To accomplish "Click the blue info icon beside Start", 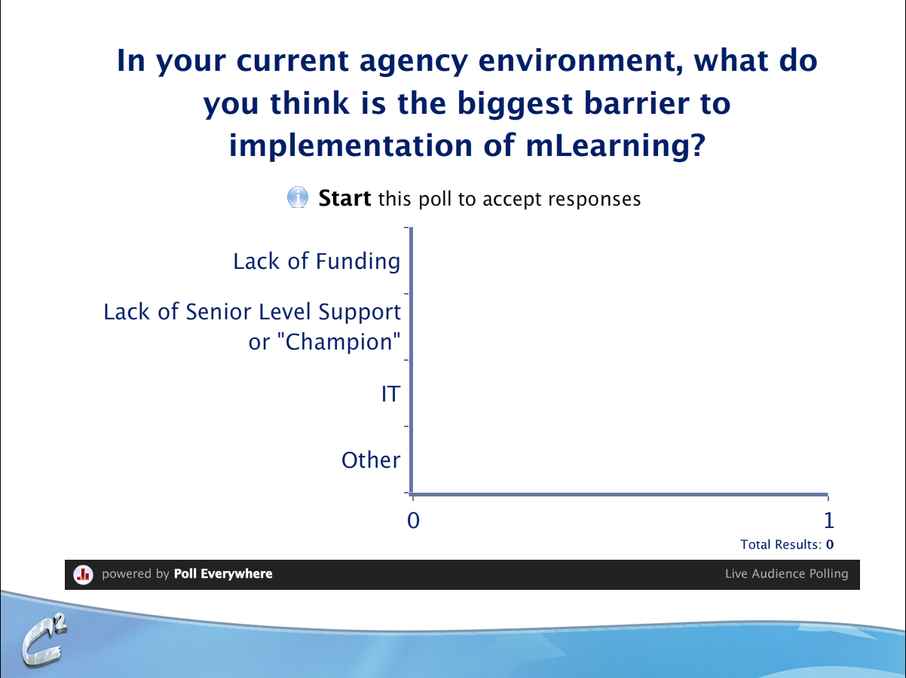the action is [x=297, y=197].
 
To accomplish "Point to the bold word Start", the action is [x=344, y=198].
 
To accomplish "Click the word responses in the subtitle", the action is [x=595, y=200].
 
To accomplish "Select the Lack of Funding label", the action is [x=317, y=262].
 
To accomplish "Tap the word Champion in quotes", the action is [x=338, y=341].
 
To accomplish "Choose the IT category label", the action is [x=390, y=394].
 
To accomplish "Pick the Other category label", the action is [x=371, y=460].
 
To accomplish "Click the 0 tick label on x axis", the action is [x=413, y=521].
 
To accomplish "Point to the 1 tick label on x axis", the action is [x=829, y=521].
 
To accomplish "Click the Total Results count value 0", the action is [x=830, y=545].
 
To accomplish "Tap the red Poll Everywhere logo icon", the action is [x=84, y=574].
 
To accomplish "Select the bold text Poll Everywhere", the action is [x=223, y=573].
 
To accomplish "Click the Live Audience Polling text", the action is [x=786, y=573].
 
